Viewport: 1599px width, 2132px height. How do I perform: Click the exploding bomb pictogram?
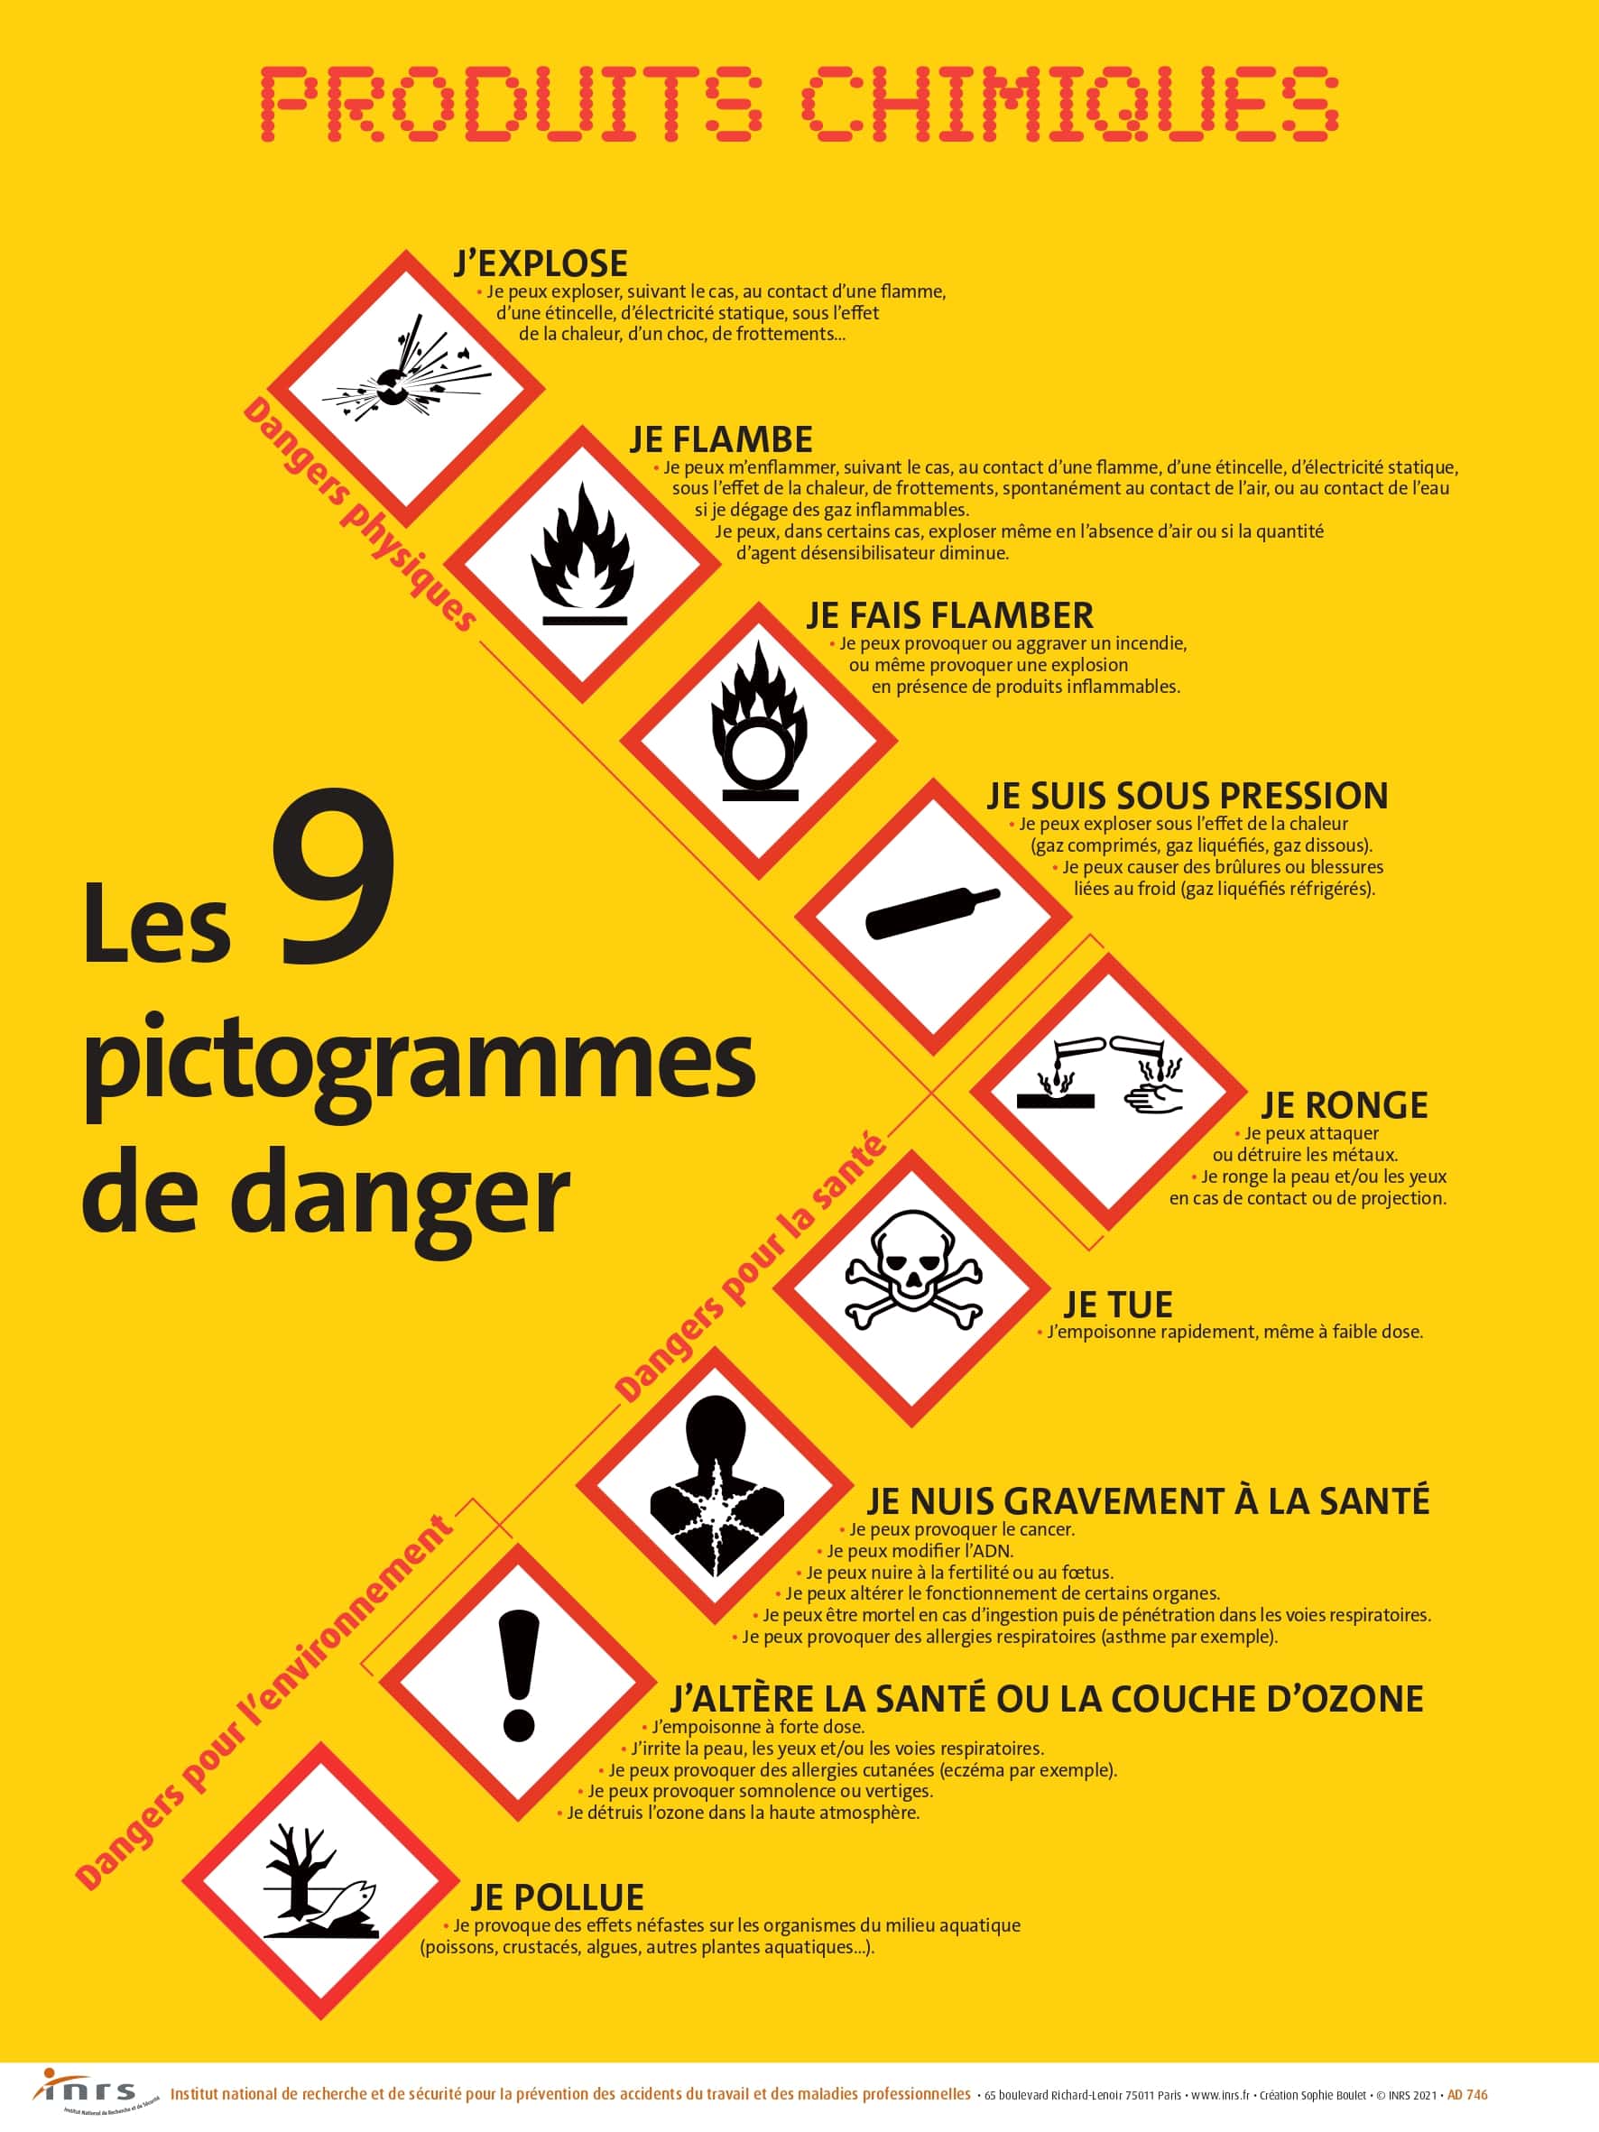pos(405,387)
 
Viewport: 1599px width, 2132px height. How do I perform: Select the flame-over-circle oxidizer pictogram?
pos(760,739)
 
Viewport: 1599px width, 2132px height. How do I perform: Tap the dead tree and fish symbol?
pos(321,1880)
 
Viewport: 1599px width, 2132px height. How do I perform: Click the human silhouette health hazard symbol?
pos(716,1484)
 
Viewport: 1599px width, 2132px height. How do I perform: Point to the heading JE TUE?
pos(1117,1305)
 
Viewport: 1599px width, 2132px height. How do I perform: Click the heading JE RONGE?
pos(1344,1104)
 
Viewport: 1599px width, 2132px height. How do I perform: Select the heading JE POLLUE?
pos(557,1897)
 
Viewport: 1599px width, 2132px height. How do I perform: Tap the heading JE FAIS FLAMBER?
pos(949,615)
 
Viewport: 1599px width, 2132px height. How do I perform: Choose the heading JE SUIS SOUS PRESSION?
pos(1187,795)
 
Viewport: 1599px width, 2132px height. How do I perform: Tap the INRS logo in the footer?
pos(87,2092)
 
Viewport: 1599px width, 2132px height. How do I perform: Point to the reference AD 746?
pos(1468,2094)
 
